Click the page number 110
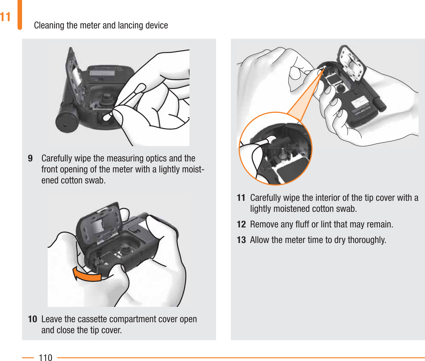click(46, 357)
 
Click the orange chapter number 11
click(5, 17)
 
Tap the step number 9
click(30, 158)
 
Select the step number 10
click(32, 319)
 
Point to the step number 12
click(241, 224)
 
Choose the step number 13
click(241, 240)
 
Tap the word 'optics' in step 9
click(156, 158)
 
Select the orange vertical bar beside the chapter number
click(20, 15)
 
